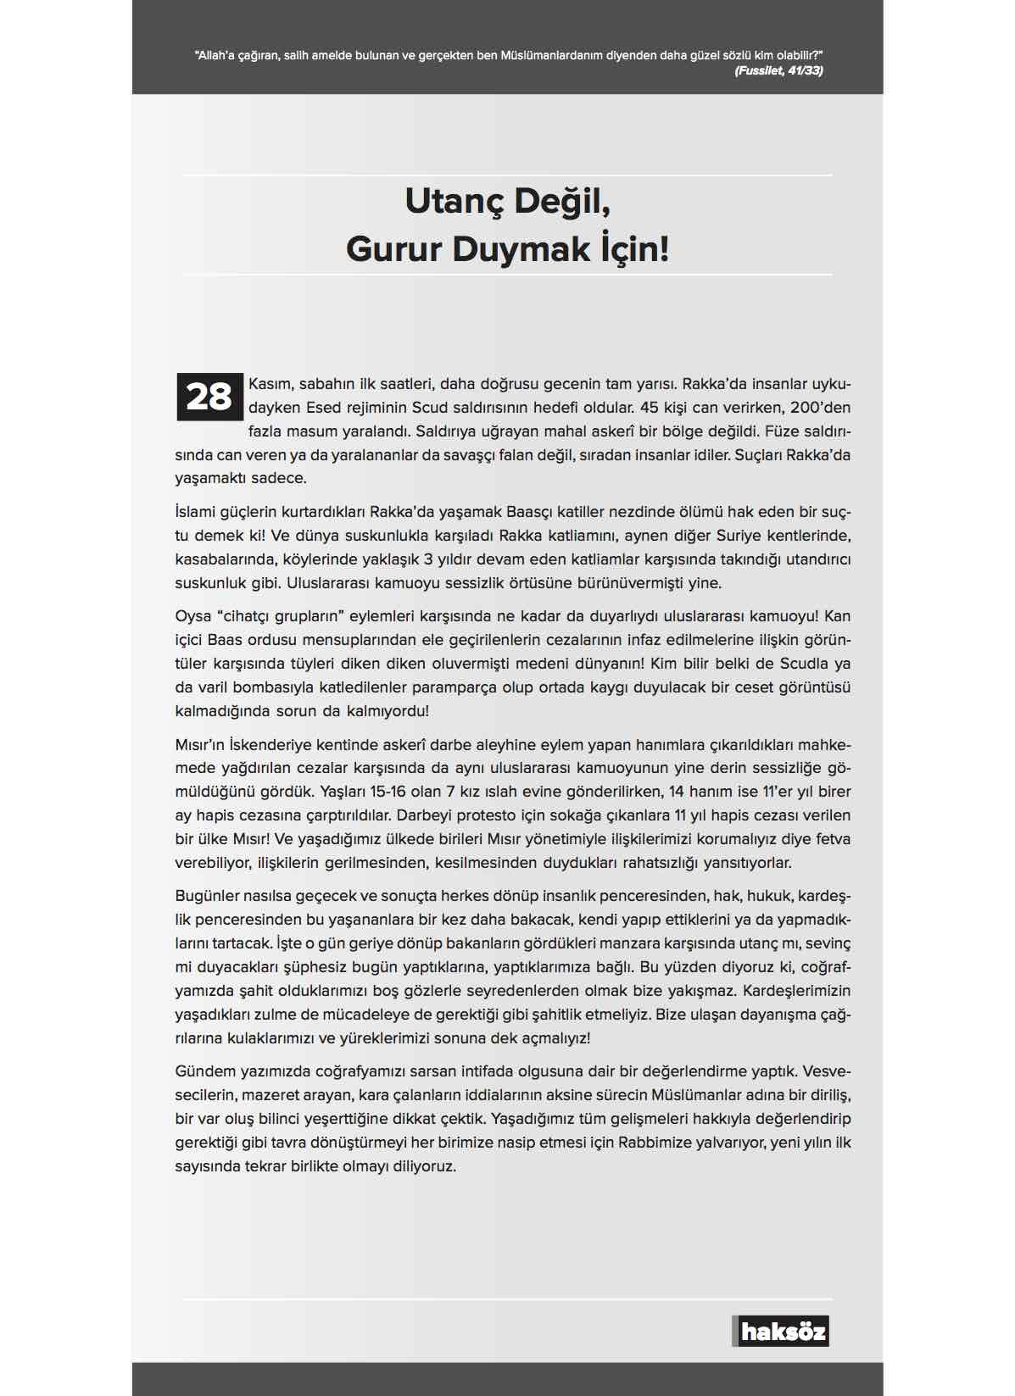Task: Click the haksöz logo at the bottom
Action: tap(781, 1331)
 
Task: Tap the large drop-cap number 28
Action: tap(209, 397)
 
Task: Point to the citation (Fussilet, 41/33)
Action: tap(778, 70)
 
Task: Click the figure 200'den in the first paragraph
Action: tap(820, 408)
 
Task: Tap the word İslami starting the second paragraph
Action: tap(196, 512)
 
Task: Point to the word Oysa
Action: tap(192, 616)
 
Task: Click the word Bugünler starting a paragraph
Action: tap(207, 896)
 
